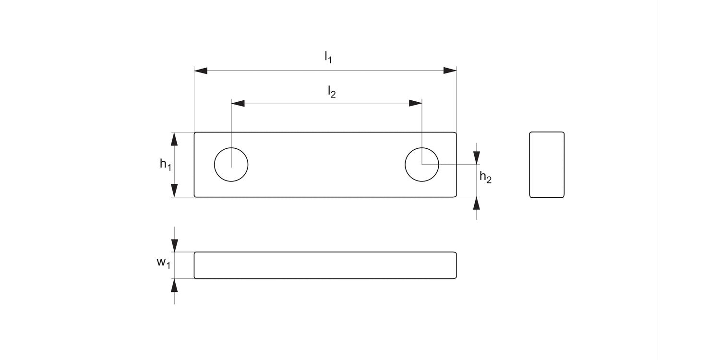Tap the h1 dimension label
pyautogui.click(x=165, y=164)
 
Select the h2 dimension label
pyautogui.click(x=485, y=178)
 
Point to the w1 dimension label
pyautogui.click(x=163, y=263)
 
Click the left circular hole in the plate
pyautogui.click(x=231, y=165)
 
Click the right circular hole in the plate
pyautogui.click(x=421, y=165)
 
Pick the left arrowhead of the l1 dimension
pyautogui.click(x=201, y=71)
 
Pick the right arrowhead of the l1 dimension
pyautogui.click(x=450, y=71)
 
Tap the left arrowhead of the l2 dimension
pyautogui.click(x=238, y=103)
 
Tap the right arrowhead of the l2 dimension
pyautogui.click(x=415, y=103)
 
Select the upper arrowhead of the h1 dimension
pyautogui.click(x=174, y=139)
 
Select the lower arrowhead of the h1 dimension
pyautogui.click(x=174, y=191)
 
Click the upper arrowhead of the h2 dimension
pyautogui.click(x=476, y=158)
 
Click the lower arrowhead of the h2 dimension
pyautogui.click(x=476, y=203)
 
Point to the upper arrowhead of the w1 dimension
pyautogui.click(x=174, y=246)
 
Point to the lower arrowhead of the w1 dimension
pyautogui.click(x=174, y=285)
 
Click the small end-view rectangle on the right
pyautogui.click(x=547, y=165)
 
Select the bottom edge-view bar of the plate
pyautogui.click(x=325, y=265)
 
